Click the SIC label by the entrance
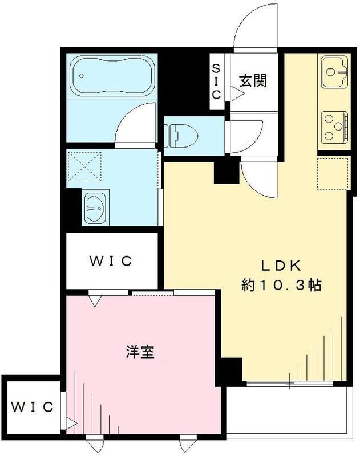pos(216,82)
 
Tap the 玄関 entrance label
pos(252,80)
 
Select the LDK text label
pos(281,266)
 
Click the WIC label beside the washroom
pos(111,261)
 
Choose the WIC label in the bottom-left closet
pos(33,408)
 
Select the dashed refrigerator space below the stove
pos(334,172)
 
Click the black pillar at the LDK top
pos(226,171)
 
